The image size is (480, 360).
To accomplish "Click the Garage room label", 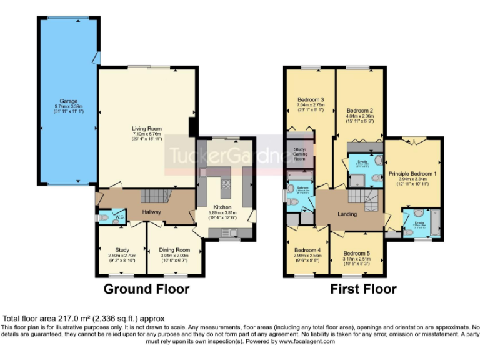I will (68, 101).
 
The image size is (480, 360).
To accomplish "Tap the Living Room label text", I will (147, 129).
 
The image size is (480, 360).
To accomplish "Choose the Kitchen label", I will (222, 207).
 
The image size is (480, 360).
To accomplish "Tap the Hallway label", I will (152, 212).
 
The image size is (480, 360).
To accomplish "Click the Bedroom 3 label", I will (310, 99).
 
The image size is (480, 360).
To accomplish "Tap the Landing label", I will (347, 214).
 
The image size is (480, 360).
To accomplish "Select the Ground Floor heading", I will (146, 289).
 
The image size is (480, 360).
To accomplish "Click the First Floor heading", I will (363, 289).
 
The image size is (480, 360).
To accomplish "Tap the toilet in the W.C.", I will (104, 218).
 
